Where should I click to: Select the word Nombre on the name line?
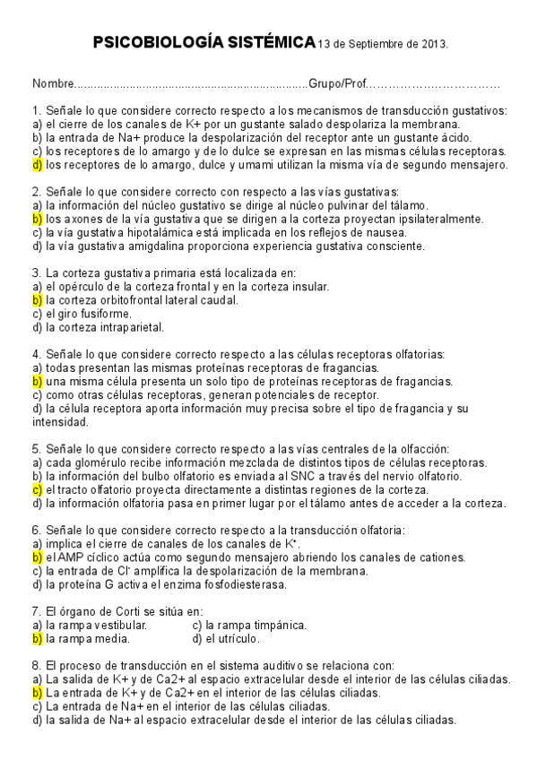click(51, 83)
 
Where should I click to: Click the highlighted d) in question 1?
click(38, 164)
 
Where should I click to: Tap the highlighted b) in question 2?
click(38, 219)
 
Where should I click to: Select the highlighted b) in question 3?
click(38, 300)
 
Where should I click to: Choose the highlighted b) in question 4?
click(38, 381)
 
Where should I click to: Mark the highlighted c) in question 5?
click(38, 489)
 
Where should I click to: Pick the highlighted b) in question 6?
click(38, 557)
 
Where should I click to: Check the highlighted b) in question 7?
click(38, 639)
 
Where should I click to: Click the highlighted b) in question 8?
click(38, 693)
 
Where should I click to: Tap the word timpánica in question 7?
click(274, 625)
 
